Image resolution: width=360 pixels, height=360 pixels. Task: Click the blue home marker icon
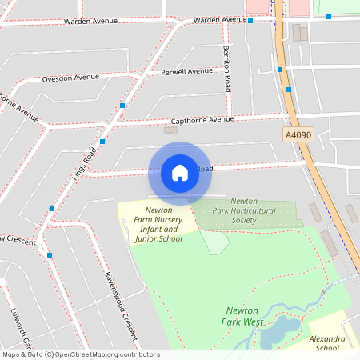point(180,172)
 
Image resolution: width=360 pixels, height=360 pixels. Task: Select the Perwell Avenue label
point(187,71)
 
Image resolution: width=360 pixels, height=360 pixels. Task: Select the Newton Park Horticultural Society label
point(243,210)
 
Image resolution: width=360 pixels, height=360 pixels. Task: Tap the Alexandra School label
point(327,344)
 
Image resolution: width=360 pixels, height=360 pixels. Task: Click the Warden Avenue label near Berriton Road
point(220,19)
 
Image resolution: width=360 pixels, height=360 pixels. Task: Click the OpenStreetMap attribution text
point(80,354)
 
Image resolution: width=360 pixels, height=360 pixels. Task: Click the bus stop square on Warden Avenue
point(250,21)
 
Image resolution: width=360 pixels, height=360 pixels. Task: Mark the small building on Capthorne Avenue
point(170,130)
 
